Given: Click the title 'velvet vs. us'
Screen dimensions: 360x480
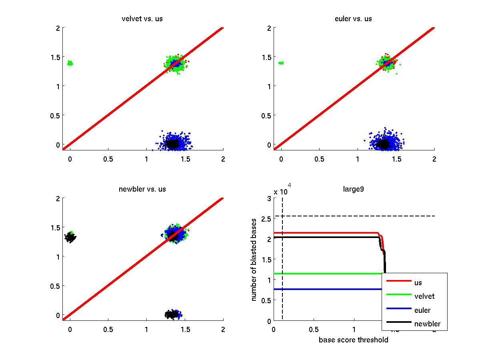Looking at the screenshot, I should coord(142,19).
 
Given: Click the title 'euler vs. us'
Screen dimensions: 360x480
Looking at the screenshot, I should coord(354,19).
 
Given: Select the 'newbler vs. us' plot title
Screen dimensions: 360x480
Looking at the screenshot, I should coord(142,189).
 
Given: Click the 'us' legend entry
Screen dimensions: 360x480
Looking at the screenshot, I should coord(418,282).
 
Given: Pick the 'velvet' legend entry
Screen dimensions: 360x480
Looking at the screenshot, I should coord(424,296).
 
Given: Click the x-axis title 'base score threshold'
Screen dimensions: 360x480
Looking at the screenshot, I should coord(353,340).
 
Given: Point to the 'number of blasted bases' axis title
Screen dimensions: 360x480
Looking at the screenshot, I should coord(255,260).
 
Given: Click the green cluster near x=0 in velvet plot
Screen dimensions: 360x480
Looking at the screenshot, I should coord(70,63).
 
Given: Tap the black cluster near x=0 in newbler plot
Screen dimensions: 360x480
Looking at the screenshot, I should coord(70,237).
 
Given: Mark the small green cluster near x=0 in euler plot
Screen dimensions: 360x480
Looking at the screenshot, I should coord(281,63).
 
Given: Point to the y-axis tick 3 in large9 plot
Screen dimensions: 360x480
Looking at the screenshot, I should coord(268,198).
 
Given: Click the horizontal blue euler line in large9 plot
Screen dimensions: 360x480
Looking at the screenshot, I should coord(328,289).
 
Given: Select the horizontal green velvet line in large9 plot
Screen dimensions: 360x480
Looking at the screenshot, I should coord(328,274).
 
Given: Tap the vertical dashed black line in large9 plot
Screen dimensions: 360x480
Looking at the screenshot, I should coord(282,260).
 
